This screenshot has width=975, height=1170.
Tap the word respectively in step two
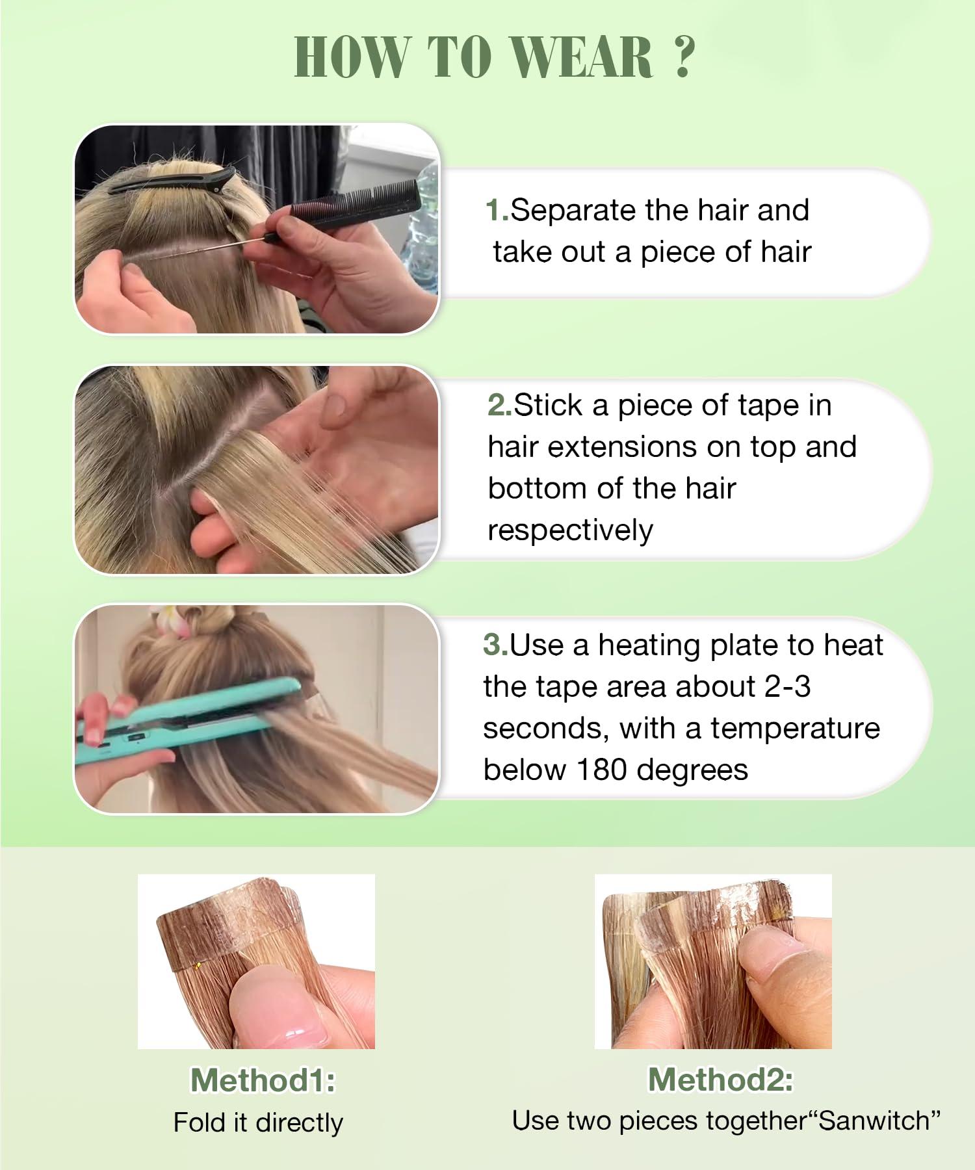click(x=570, y=531)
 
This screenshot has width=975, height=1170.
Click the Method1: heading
click(x=263, y=1080)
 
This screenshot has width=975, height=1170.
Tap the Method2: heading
click(x=720, y=1080)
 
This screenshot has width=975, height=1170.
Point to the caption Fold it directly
click(x=258, y=1123)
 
